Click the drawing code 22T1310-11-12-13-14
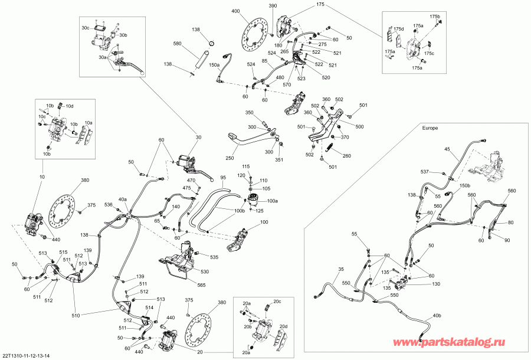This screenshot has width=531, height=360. (x=27, y=355)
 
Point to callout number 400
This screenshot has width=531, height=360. (x=235, y=11)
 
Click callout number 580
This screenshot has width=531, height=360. (x=193, y=43)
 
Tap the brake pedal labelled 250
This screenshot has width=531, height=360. (x=236, y=139)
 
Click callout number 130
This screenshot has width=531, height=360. (x=436, y=284)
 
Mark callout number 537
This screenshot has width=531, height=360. (x=424, y=171)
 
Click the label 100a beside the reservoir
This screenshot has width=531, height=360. (x=273, y=201)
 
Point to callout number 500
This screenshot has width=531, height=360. (x=359, y=126)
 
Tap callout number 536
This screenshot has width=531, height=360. (x=109, y=205)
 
